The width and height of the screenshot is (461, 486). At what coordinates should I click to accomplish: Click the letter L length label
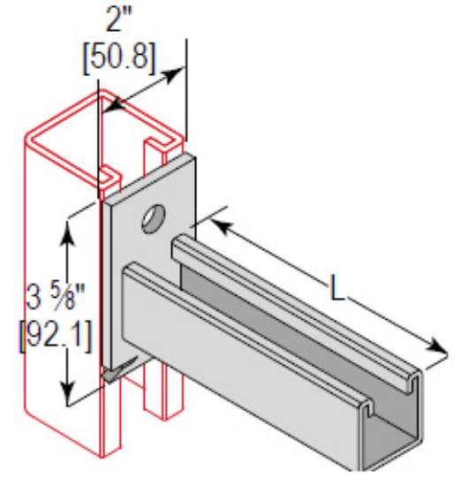(x=336, y=289)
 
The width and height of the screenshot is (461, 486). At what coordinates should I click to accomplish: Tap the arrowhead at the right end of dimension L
(x=435, y=347)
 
